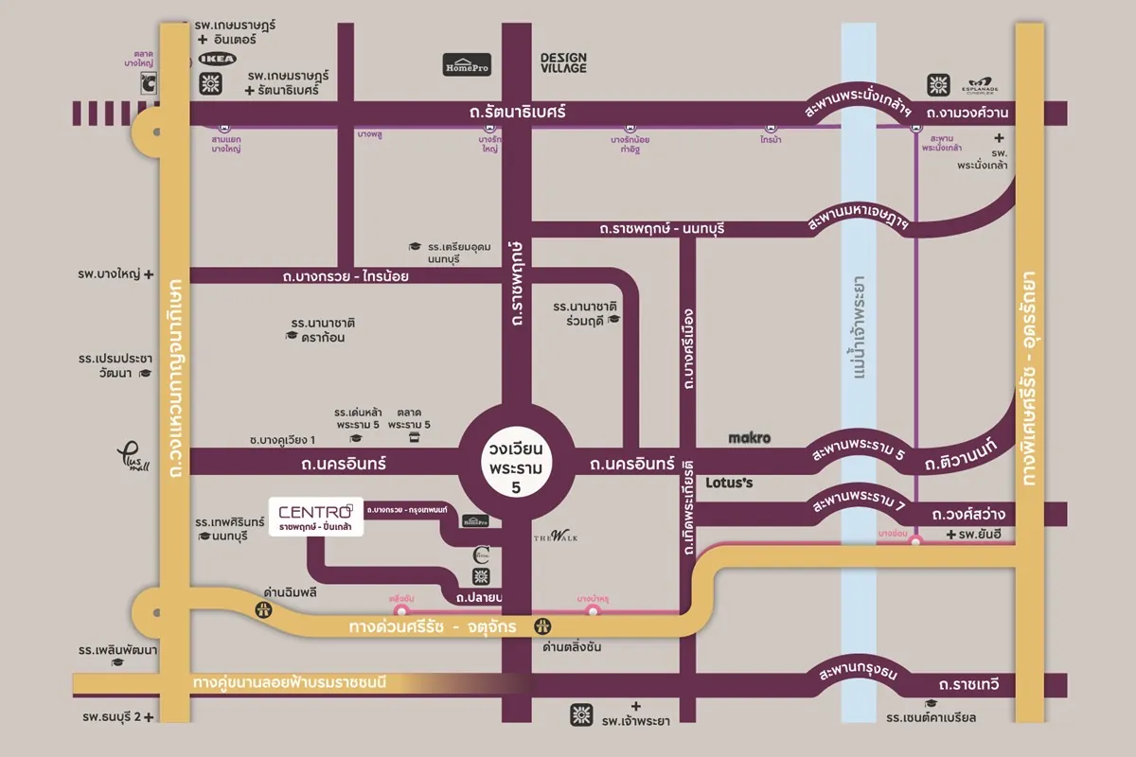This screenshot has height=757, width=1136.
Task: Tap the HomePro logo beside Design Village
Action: coord(468,64)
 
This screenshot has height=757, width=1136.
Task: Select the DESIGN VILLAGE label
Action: coord(563,63)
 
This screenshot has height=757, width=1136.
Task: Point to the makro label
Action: coord(750,438)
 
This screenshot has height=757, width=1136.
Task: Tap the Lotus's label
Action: coord(729,483)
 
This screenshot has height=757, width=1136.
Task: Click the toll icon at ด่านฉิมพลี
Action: coord(262,611)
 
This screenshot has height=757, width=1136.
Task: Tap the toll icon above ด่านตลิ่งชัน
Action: coord(543,625)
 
